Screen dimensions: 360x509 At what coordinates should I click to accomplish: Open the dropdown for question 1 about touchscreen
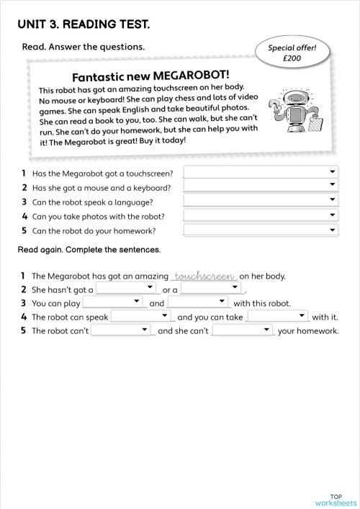coord(261,172)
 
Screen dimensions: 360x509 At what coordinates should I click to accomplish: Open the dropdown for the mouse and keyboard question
coord(261,186)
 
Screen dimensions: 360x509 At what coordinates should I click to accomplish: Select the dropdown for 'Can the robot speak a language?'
coord(261,201)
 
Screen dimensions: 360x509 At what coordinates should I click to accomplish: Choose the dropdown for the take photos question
coord(261,215)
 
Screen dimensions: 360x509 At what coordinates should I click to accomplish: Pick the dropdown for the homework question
coord(261,230)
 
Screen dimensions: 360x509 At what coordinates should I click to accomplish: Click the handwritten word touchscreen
coord(205,275)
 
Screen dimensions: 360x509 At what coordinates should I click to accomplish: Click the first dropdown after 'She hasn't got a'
coord(127,289)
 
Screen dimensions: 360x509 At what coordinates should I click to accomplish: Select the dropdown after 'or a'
coord(210,289)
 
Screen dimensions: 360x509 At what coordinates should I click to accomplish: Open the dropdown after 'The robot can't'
coord(122,330)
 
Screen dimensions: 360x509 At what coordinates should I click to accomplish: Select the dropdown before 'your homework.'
coord(243,330)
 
